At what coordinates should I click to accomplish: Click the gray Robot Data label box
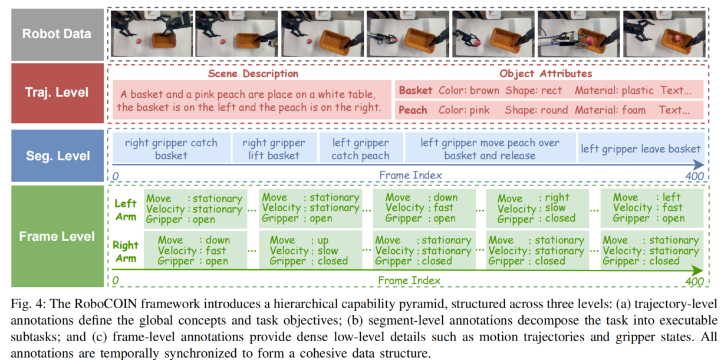(x=57, y=34)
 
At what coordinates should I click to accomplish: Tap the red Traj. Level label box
(x=57, y=92)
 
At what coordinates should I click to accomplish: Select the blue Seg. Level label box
(x=57, y=156)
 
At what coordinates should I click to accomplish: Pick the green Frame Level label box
(x=57, y=237)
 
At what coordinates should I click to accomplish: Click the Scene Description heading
(x=253, y=74)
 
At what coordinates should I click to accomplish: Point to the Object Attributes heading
(x=545, y=74)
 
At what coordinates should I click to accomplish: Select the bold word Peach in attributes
(x=413, y=110)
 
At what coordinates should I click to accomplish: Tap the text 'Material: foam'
(x=610, y=110)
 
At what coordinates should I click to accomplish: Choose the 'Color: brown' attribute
(x=469, y=91)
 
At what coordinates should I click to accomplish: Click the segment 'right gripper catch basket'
(x=171, y=149)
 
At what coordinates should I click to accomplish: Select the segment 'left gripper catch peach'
(x=360, y=149)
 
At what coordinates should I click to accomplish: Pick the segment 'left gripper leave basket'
(x=640, y=149)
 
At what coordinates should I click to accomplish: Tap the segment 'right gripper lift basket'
(x=274, y=149)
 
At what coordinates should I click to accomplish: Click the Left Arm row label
(x=126, y=210)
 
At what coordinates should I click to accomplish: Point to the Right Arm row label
(x=126, y=252)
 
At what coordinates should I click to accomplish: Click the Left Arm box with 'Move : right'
(x=536, y=208)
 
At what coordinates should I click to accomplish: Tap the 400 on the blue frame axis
(x=693, y=176)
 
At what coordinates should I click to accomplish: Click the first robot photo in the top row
(x=151, y=34)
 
